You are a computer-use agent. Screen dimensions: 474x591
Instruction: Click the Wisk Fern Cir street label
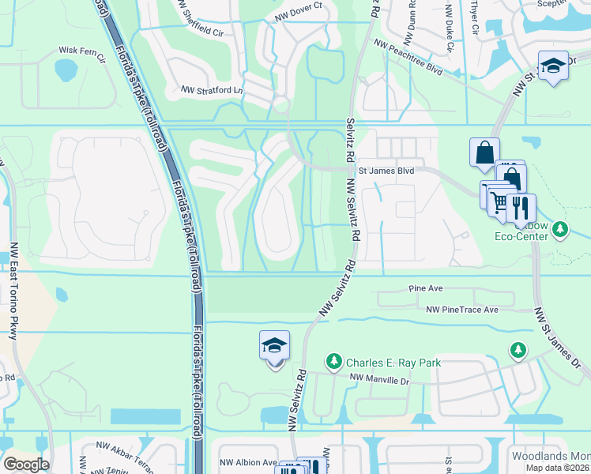(81, 50)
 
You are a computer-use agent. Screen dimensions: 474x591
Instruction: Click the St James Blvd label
(386, 170)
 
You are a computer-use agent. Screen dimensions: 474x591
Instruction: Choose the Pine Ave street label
(424, 289)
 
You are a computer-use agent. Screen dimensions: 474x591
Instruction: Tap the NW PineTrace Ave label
(462, 310)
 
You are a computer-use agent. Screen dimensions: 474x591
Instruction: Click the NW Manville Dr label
(382, 380)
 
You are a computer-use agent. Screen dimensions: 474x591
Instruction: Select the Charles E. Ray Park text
(393, 363)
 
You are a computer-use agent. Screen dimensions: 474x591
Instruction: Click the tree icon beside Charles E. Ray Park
(334, 363)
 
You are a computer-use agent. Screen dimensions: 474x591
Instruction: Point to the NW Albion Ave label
(248, 462)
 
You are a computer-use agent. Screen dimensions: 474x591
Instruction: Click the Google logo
(26, 465)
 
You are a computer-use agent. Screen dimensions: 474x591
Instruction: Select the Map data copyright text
(557, 468)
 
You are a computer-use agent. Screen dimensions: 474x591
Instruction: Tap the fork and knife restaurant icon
(521, 207)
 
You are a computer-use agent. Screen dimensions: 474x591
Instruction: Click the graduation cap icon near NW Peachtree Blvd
(553, 66)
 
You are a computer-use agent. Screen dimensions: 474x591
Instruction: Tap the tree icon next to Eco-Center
(561, 230)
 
